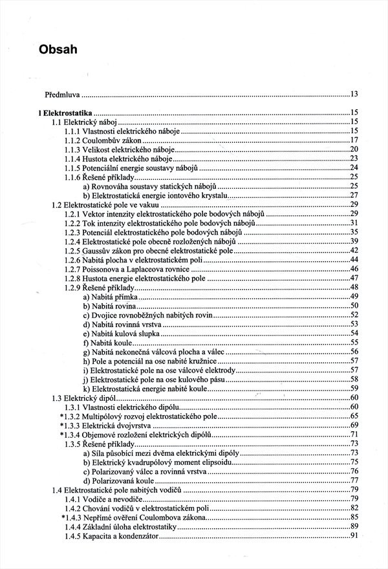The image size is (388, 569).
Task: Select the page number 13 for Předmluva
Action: click(354, 94)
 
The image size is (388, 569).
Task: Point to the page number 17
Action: click(354, 140)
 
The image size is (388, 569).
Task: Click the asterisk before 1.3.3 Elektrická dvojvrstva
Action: click(61, 425)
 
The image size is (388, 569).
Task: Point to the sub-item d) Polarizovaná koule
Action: click(120, 480)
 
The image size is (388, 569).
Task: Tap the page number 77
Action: click(354, 480)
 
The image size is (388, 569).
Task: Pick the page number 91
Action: click(354, 536)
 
